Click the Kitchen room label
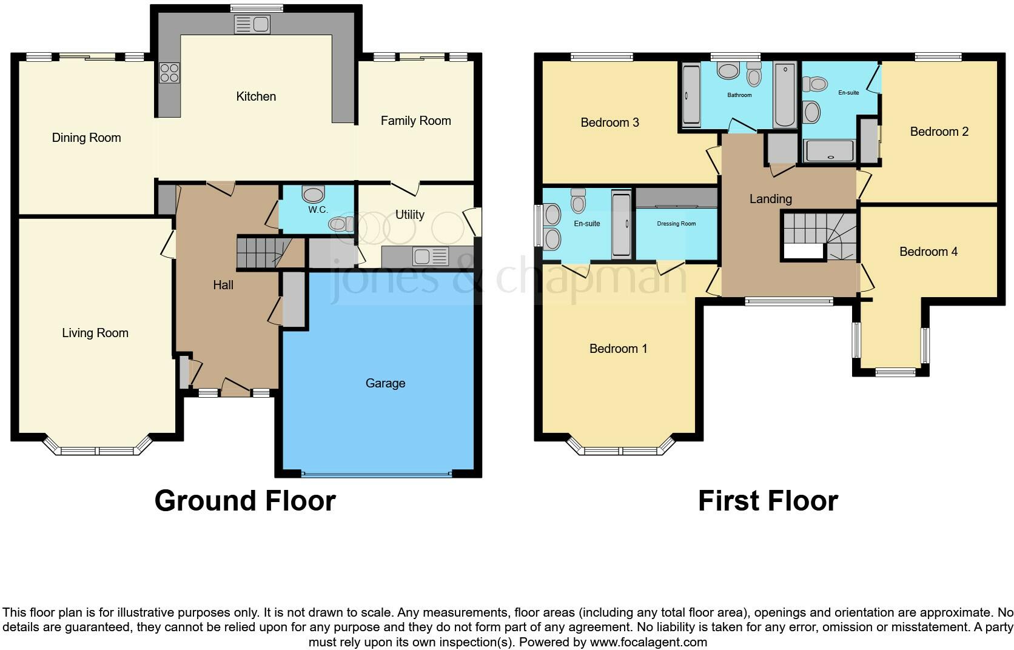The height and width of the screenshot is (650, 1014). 256,96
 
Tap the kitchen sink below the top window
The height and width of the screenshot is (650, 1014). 252,25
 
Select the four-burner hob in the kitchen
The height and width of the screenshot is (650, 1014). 169,73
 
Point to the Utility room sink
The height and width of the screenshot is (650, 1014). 430,256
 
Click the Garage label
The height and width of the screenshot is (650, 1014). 385,383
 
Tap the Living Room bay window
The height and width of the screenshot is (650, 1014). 97,451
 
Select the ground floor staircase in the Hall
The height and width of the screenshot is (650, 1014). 261,252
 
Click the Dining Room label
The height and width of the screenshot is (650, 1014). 86,138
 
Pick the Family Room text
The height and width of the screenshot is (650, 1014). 415,121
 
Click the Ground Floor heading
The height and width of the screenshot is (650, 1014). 245,501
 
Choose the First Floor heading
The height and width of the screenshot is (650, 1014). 768,501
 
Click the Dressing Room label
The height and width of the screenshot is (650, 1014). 676,224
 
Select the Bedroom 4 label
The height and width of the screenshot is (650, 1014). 928,252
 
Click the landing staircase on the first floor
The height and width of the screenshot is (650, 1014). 819,236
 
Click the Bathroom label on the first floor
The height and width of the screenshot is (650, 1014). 739,95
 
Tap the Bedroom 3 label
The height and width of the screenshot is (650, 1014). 609,122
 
